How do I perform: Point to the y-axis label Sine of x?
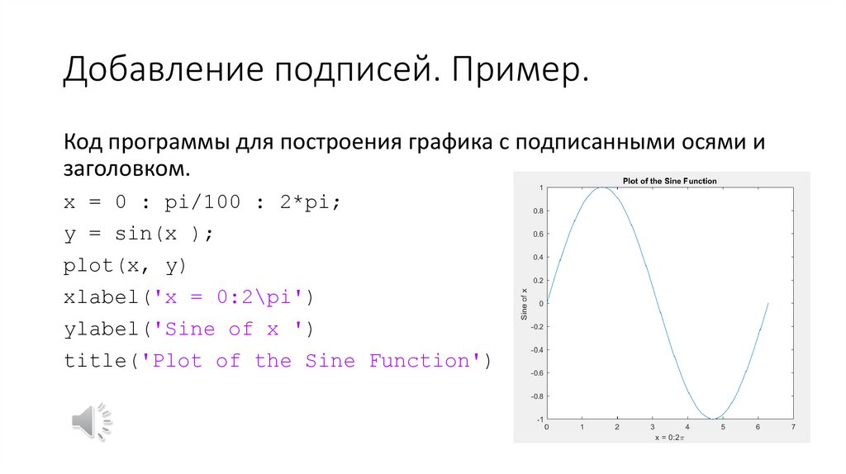524,303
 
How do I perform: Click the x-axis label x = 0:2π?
669,438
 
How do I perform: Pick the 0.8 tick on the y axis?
537,211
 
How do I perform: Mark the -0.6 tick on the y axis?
536,372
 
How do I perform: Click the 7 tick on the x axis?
793,426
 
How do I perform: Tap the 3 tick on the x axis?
652,426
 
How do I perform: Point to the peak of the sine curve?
602,187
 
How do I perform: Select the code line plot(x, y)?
126,266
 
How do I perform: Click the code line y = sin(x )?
139,234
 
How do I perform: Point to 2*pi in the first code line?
311,202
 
